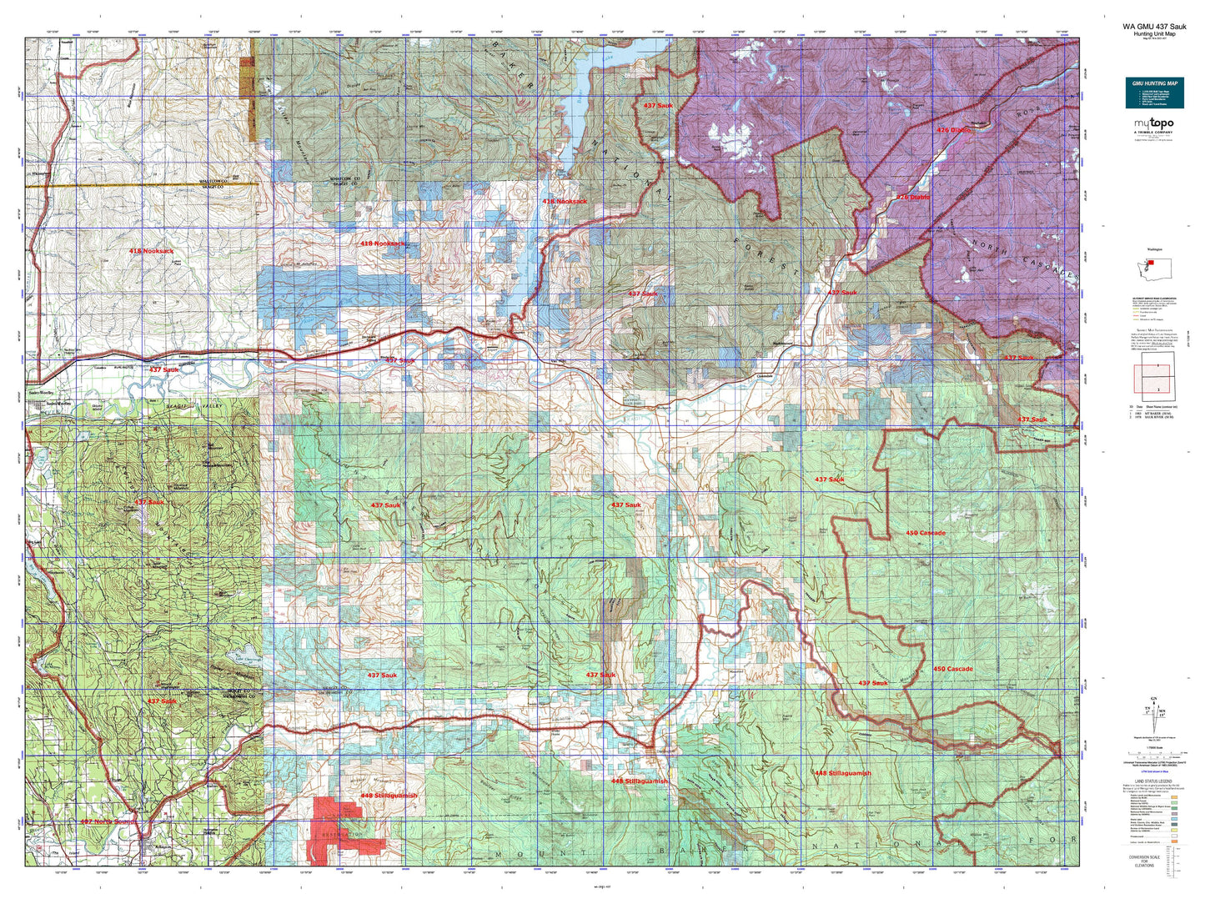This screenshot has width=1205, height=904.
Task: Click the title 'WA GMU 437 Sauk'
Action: pos(1154,26)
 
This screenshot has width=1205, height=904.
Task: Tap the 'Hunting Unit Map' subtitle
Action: pos(1154,33)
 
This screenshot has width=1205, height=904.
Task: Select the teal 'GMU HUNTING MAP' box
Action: pos(1153,93)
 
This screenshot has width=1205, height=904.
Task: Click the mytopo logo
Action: pos(1153,125)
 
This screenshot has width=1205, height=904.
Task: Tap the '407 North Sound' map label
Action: pos(106,821)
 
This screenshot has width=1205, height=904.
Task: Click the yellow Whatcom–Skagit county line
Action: pos(125,185)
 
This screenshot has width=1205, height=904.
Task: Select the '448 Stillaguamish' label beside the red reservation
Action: pos(388,796)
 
